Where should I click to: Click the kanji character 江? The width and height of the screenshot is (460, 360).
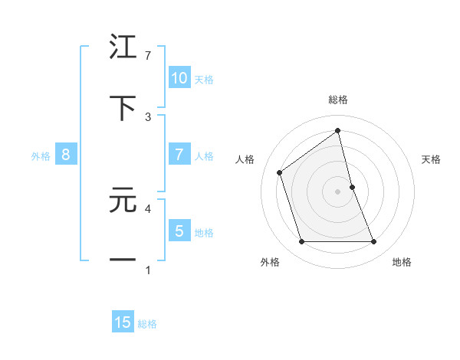123,49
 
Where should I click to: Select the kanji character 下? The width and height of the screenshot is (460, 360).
123,108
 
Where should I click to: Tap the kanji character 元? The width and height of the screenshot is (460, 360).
123,201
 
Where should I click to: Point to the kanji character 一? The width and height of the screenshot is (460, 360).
123,260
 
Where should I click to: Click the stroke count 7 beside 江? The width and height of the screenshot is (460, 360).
148,56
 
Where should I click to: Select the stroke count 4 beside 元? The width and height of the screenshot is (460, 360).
148,208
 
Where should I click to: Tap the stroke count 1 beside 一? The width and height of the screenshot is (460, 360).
148,269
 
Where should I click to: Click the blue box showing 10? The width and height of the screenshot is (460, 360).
179,78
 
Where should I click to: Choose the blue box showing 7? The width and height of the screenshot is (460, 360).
179,155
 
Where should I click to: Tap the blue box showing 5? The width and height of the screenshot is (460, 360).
179,231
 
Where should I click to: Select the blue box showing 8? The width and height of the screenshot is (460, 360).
66,155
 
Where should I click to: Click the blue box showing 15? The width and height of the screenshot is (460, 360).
123,322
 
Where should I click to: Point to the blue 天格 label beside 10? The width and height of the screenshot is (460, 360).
204,80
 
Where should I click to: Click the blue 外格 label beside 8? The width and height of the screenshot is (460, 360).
41,156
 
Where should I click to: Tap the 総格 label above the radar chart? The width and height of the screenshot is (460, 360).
338,100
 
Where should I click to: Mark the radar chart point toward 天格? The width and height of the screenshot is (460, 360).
352,186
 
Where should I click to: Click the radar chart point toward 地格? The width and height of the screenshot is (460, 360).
374,242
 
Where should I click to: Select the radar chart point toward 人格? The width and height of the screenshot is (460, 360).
280,172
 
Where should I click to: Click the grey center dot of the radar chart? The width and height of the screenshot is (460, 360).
338,191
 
